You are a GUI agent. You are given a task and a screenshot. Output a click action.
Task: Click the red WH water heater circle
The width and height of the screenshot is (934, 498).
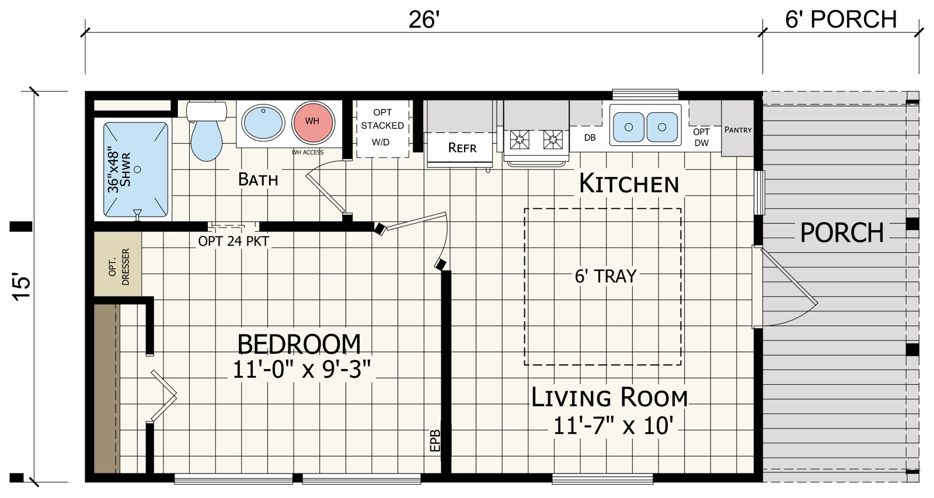click(x=313, y=122)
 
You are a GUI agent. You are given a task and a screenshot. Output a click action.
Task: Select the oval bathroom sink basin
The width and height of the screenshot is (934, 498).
click(x=263, y=122)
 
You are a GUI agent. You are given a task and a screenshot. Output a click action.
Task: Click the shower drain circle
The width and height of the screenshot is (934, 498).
click(x=137, y=169)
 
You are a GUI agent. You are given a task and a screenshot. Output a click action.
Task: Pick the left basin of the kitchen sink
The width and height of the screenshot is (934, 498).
click(x=629, y=127)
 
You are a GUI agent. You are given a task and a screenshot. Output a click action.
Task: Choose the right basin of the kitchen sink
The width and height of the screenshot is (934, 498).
click(x=662, y=127)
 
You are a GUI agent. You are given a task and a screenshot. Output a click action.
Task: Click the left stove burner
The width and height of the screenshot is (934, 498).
click(x=520, y=140)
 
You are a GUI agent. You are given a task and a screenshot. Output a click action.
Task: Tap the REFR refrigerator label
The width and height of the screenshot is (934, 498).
click(x=462, y=148)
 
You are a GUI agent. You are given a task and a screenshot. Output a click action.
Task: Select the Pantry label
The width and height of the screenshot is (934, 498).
click(x=738, y=130)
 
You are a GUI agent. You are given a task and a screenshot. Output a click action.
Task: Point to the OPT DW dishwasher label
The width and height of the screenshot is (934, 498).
click(x=701, y=137)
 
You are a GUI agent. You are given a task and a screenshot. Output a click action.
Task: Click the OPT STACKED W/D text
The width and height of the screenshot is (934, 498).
click(x=382, y=127)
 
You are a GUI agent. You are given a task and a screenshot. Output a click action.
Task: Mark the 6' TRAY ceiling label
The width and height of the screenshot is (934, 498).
click(x=605, y=276)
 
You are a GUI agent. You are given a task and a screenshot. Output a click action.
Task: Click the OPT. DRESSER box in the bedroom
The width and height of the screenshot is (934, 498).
click(x=118, y=264)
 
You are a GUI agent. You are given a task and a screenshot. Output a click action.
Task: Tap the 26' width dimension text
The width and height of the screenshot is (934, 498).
click(x=424, y=20)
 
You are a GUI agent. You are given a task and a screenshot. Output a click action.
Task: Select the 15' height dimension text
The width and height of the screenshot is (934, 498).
click(x=21, y=287)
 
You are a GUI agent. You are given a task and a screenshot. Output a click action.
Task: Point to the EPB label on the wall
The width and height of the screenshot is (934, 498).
click(x=435, y=441)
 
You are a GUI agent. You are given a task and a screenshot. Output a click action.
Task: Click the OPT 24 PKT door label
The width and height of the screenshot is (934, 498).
click(x=233, y=241)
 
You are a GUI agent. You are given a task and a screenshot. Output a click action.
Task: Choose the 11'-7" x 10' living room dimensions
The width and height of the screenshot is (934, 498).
click(x=613, y=426)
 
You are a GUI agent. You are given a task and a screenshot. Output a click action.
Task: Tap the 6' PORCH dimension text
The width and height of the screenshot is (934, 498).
click(x=841, y=19)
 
